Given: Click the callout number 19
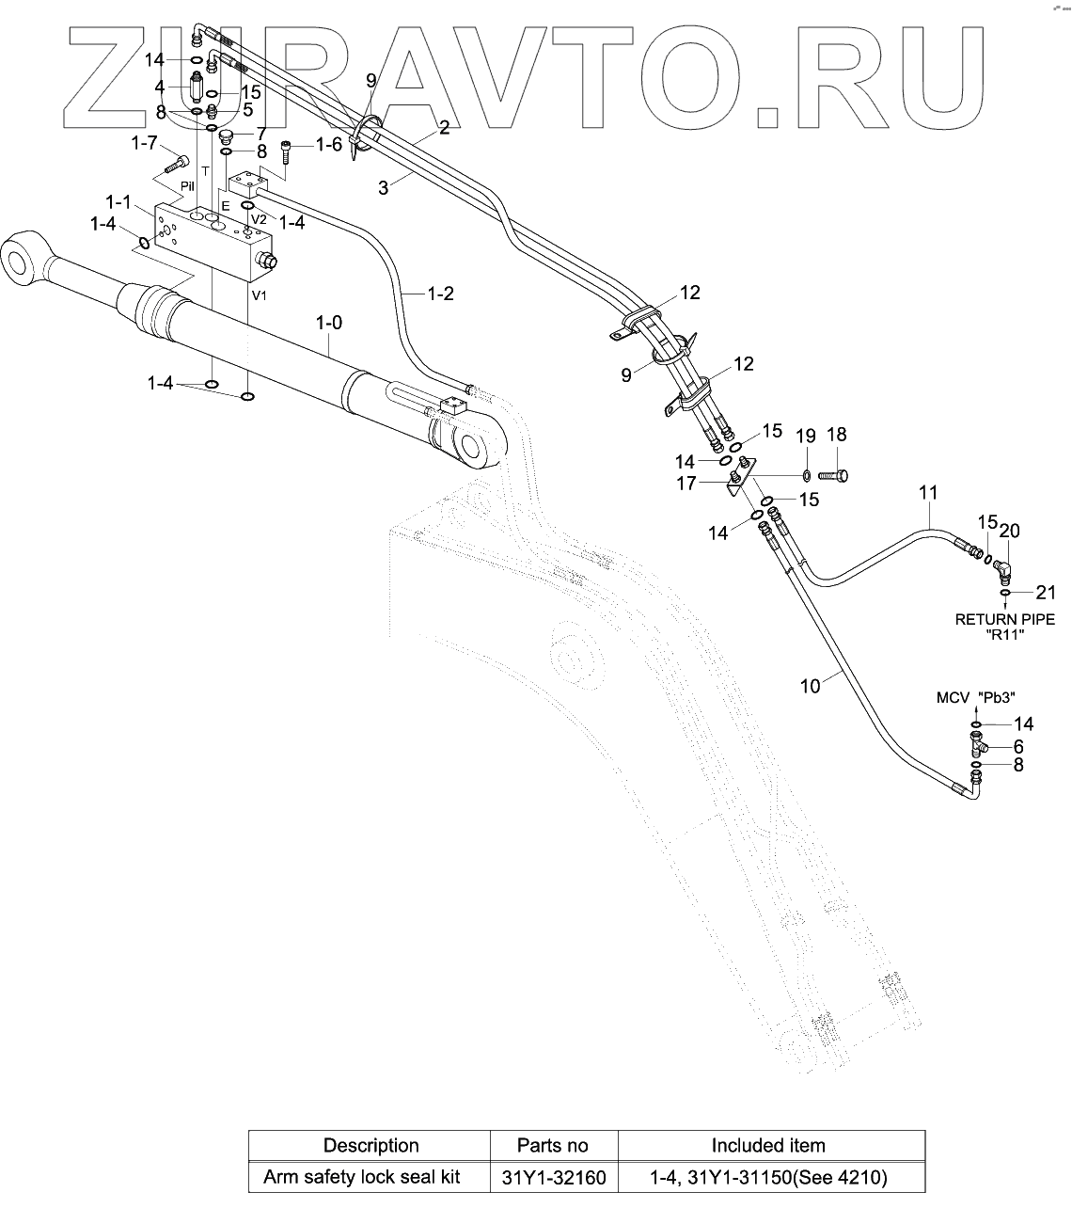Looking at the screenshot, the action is (x=806, y=436).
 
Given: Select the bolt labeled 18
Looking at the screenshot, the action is (x=833, y=476).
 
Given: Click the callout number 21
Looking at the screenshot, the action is (x=1046, y=593).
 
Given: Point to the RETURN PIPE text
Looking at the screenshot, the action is (x=1004, y=619).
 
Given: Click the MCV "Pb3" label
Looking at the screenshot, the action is (x=976, y=697).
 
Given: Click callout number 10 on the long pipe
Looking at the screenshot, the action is (x=810, y=687).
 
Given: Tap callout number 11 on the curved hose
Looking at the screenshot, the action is (x=929, y=492).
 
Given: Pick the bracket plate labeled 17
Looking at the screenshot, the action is (x=736, y=483).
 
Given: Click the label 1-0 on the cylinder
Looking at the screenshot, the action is (x=328, y=324).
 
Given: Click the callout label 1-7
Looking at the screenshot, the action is (x=144, y=143).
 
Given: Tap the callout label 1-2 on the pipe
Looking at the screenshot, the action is (x=440, y=294).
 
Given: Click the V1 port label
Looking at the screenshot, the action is (x=260, y=294).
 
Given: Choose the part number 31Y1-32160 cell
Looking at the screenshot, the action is (x=553, y=1177).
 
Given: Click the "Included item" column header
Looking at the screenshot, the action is (x=767, y=1146).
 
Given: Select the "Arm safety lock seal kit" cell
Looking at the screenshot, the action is (x=370, y=1177).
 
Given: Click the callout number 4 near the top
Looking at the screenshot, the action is (x=160, y=87).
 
